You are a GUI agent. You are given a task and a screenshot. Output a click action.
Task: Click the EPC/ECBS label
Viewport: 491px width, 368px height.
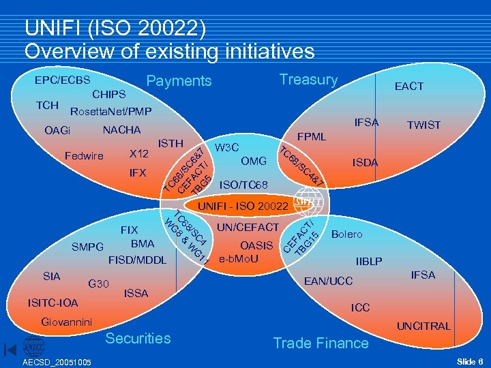(x=63, y=80)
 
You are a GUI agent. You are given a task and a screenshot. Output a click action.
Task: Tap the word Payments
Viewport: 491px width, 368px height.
(x=179, y=81)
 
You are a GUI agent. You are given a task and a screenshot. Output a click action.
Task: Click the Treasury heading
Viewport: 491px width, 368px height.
(x=308, y=80)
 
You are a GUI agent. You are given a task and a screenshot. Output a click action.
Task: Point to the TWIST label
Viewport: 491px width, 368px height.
(x=423, y=125)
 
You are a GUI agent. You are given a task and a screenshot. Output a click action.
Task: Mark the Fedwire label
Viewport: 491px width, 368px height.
(x=84, y=156)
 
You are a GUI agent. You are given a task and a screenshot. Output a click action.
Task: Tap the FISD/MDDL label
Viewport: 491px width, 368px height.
(x=137, y=260)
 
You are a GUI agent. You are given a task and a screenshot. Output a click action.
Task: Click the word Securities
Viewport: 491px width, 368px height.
(x=138, y=339)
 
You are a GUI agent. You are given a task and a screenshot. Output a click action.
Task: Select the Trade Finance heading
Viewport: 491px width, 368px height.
(x=321, y=343)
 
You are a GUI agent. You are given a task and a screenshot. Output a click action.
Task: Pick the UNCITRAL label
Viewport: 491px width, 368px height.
(x=425, y=326)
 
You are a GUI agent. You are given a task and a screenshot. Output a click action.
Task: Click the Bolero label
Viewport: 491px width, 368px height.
(x=346, y=234)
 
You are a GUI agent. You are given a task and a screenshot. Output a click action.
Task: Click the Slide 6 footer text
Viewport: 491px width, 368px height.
(x=470, y=361)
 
